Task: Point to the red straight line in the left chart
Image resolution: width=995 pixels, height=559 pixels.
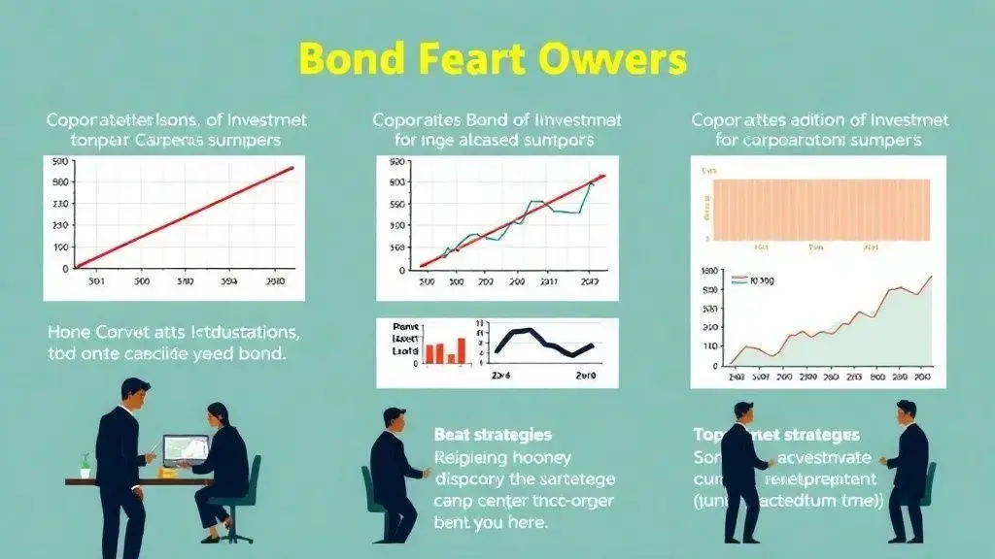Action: tap(185, 216)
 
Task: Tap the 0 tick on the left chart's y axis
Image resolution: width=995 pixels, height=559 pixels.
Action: tap(64, 269)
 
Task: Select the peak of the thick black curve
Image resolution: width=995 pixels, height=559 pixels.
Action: tap(526, 331)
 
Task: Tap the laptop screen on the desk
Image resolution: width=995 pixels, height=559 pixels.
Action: tap(186, 449)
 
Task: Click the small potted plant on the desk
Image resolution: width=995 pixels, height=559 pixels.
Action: tap(86, 466)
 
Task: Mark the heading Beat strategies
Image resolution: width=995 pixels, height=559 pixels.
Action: tap(493, 434)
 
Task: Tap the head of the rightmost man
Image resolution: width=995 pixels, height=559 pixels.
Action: tap(906, 411)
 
